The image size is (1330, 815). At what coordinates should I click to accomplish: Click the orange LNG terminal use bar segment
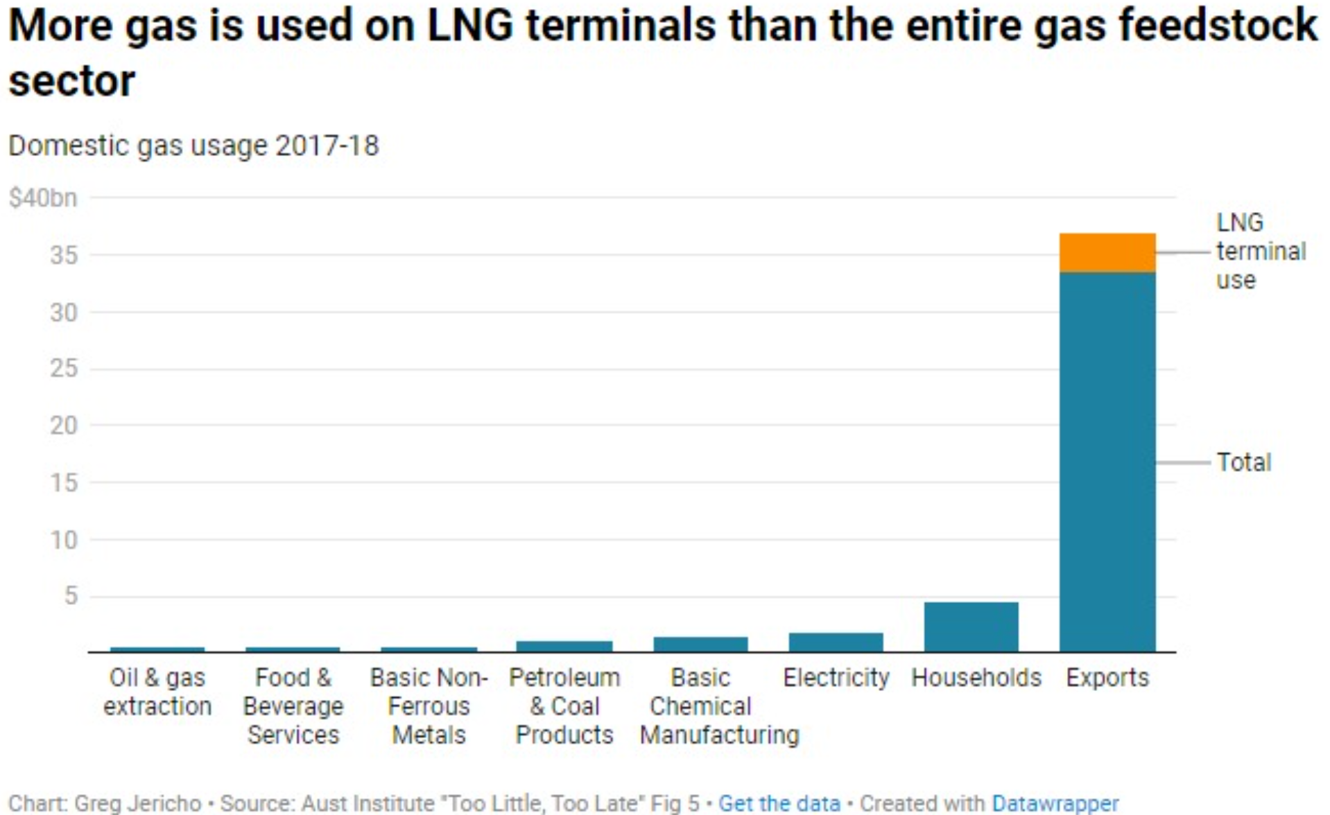click(x=1107, y=253)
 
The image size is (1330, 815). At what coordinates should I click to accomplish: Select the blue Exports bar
click(x=1107, y=461)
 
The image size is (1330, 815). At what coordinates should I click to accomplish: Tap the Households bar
click(x=971, y=626)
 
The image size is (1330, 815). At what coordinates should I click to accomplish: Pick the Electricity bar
click(x=836, y=642)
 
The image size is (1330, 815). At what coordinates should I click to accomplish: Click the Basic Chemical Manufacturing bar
click(x=700, y=644)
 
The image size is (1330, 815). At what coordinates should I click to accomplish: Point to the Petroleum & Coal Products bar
click(x=564, y=646)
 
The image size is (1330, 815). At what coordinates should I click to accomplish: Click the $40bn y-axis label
click(x=43, y=198)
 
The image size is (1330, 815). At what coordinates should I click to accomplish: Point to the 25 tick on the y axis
click(x=63, y=368)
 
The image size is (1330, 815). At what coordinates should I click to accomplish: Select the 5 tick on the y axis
click(x=70, y=595)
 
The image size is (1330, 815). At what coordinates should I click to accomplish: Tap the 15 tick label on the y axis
click(x=63, y=482)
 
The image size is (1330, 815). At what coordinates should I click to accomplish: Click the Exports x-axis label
click(x=1107, y=677)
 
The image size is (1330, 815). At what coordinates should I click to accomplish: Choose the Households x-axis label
click(x=976, y=677)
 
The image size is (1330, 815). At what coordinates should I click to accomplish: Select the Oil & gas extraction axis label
click(x=157, y=692)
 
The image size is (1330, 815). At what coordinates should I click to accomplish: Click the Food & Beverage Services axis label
click(x=293, y=706)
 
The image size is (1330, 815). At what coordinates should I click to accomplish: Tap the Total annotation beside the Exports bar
click(x=1244, y=462)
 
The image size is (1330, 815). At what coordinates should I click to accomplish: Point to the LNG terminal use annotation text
click(x=1260, y=251)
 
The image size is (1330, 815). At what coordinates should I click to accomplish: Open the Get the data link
click(x=779, y=803)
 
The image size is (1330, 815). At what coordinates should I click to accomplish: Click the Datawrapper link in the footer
click(x=1055, y=803)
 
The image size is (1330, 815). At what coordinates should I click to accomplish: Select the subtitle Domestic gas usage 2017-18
click(x=193, y=146)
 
